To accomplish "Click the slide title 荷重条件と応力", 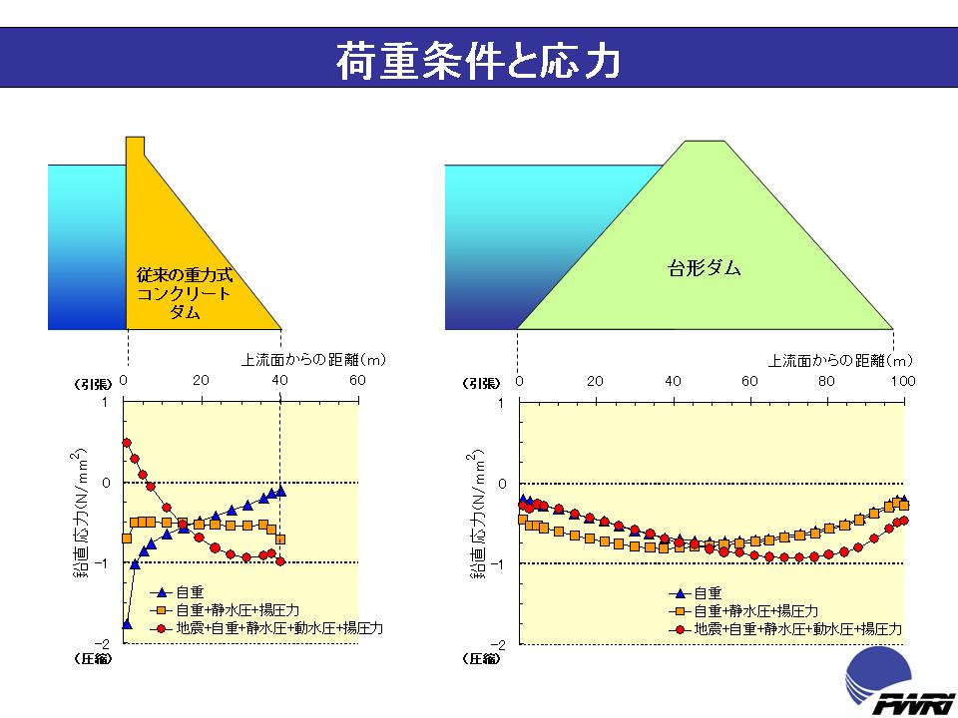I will coord(479,61).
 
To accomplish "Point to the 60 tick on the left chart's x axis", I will coord(357,381).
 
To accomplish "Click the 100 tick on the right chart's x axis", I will coord(902,381).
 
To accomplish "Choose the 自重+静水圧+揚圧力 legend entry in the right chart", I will coord(756,611).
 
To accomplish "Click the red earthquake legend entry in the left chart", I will coord(279,628).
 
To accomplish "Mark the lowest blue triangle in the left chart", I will coord(127,624).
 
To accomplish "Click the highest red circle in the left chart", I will coord(127,443).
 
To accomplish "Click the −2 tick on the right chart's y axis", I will coord(501,644).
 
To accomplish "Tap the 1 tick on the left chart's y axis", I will coord(107,403).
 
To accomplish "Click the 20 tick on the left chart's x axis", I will coord(201,381).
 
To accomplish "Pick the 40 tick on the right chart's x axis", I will coord(673,381).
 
